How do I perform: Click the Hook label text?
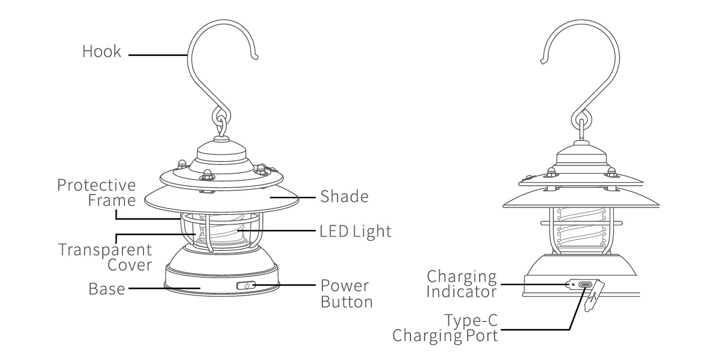102,51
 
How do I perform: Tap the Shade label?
344,196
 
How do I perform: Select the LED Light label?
355,231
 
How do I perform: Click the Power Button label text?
346,294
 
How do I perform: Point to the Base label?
106,289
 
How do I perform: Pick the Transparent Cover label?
105,257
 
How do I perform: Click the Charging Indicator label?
462,284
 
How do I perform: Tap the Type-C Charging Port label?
446,329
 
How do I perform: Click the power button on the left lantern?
247,285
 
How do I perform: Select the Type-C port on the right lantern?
585,284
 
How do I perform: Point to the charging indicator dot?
571,284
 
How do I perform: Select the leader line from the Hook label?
157,54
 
